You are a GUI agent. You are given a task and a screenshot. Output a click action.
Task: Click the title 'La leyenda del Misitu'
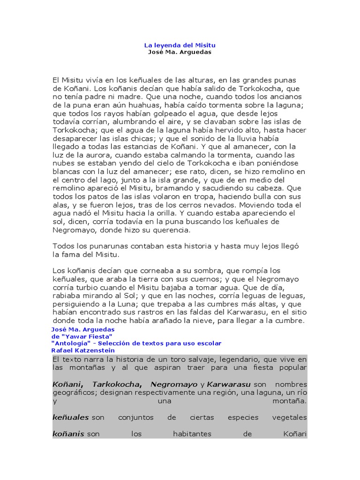tap(180, 45)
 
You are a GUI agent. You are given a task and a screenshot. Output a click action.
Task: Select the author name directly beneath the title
tap(180, 52)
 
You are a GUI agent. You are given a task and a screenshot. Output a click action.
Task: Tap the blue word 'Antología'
tap(68, 344)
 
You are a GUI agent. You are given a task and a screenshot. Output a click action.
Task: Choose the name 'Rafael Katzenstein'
tap(83, 351)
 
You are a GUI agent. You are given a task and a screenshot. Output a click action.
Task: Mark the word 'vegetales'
tap(289, 417)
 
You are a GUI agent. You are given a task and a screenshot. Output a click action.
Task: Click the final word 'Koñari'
tap(295, 434)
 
